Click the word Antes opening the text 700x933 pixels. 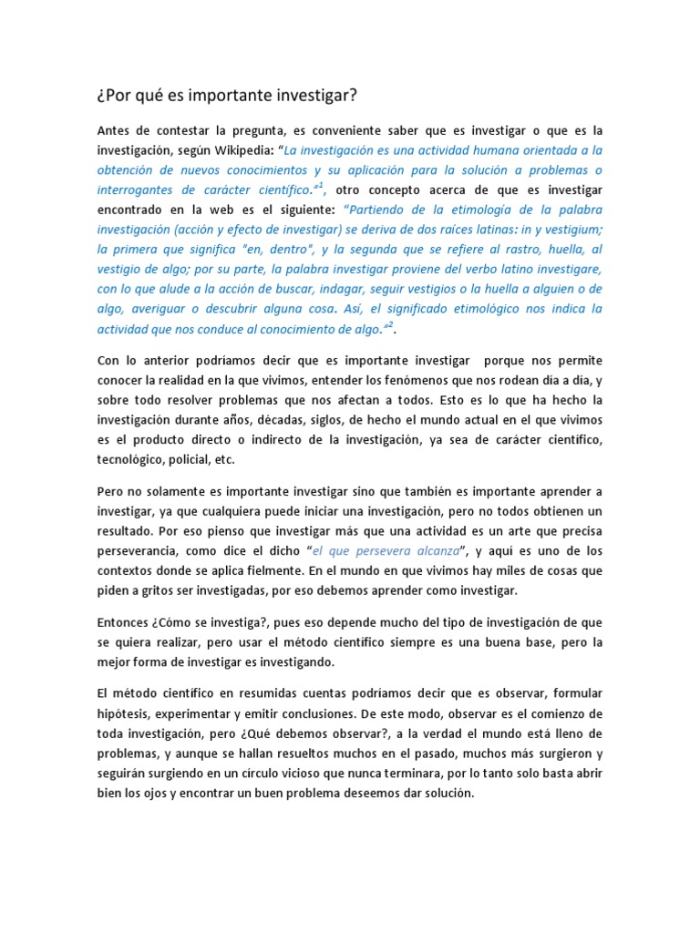(116, 129)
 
